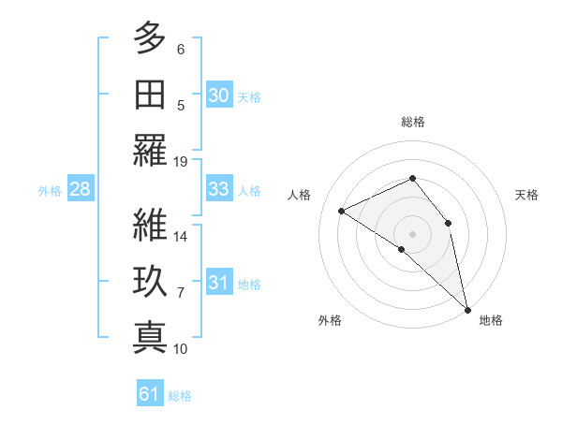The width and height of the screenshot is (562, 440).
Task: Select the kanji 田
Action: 151,94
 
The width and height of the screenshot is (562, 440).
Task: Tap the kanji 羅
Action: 151,151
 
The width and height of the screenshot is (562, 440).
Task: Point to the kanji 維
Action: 151,225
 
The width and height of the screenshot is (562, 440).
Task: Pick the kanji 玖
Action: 151,281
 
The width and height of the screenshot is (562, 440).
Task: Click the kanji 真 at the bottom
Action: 151,337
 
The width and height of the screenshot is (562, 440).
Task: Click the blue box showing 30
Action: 218,95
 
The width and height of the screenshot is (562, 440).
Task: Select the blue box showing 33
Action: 218,189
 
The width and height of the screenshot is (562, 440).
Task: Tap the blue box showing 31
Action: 218,283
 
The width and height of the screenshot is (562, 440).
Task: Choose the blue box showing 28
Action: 80,189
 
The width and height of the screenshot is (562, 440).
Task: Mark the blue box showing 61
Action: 149,394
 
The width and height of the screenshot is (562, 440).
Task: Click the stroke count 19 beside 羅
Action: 181,161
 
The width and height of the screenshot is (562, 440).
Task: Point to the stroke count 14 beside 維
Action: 181,236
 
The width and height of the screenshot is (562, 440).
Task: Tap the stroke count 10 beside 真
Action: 181,348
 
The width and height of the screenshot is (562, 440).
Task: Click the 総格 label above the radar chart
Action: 413,122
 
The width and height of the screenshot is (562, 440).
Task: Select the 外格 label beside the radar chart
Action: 330,320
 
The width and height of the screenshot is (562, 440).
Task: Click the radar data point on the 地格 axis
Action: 467,308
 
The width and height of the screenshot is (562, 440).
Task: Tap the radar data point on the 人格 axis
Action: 342,211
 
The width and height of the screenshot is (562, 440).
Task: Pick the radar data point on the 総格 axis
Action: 413,178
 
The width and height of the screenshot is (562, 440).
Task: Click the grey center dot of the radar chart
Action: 413,232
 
